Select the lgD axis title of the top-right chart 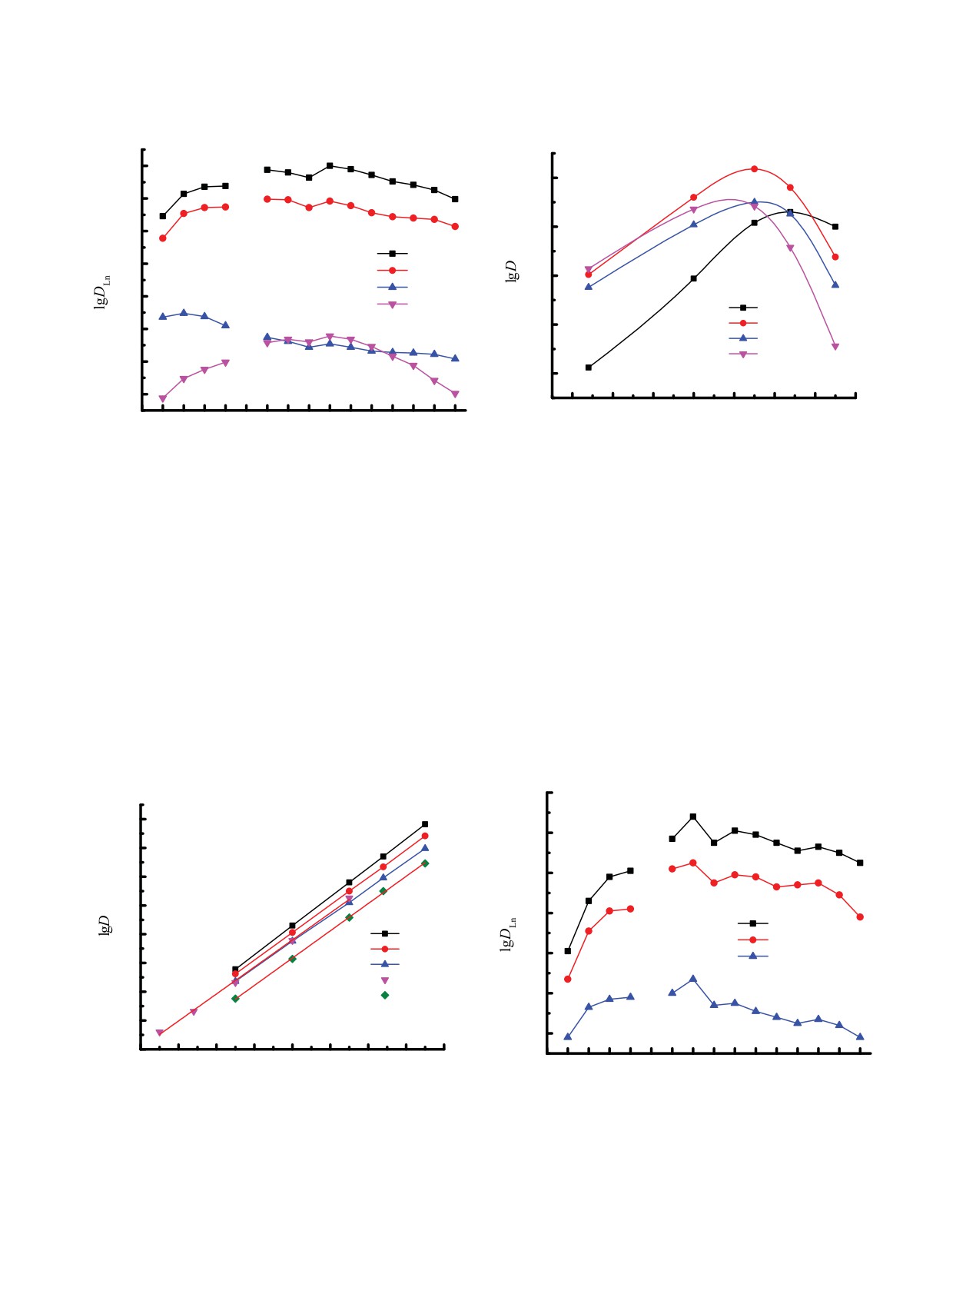(511, 271)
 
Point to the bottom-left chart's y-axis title (105, 925)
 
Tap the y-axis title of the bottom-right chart (507, 934)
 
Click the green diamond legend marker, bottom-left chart (385, 995)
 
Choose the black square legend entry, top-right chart (743, 308)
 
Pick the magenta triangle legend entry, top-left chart (392, 304)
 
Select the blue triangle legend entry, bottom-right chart (752, 956)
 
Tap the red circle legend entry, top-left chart (392, 270)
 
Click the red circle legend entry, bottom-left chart (385, 949)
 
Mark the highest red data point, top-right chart (754, 168)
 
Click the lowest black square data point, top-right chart (589, 368)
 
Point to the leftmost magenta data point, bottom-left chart (160, 1033)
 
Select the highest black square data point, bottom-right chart (693, 817)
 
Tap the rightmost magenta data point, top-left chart (455, 394)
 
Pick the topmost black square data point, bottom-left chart (425, 824)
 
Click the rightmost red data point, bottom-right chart (860, 916)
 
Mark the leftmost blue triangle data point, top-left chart (162, 316)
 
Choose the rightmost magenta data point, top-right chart (835, 347)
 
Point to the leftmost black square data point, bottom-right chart (568, 951)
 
